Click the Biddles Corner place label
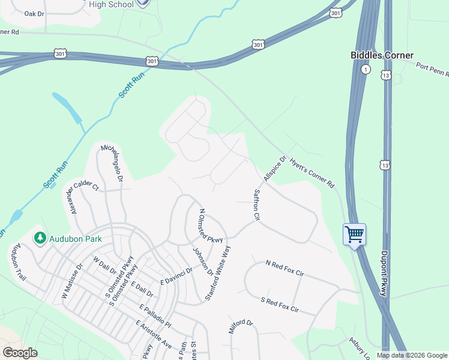tap(382, 55)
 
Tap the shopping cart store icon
tap(354, 233)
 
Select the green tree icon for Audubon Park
tap(40, 238)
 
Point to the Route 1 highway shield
tap(365, 70)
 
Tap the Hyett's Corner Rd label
tap(312, 173)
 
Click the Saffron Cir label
tap(256, 203)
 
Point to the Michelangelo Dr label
tap(112, 163)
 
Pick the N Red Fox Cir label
tap(285, 268)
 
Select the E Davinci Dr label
tap(176, 276)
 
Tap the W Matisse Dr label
tap(71, 281)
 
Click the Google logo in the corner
tap(20, 352)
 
